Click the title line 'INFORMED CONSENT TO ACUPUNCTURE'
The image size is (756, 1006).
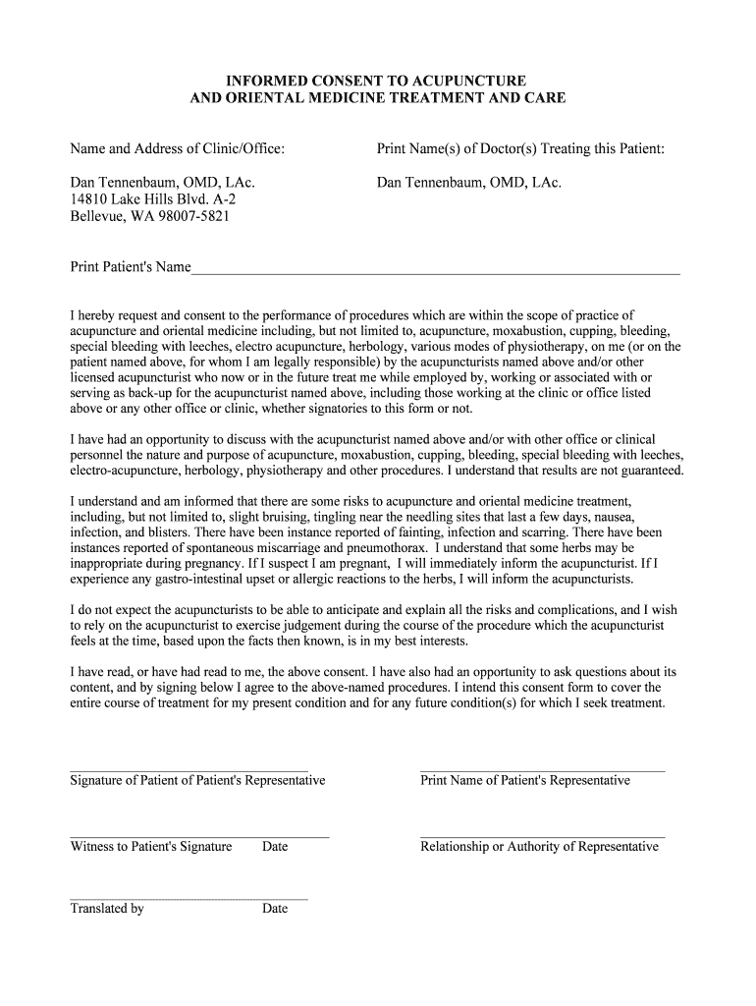(x=377, y=80)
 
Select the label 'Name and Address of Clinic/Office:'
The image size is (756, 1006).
(x=178, y=148)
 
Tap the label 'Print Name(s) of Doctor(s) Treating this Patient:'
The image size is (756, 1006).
(x=520, y=148)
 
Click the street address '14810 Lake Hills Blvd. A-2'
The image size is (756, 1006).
(x=152, y=198)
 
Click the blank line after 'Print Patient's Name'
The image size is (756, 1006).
(x=435, y=269)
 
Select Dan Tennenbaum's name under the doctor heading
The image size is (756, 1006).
(x=468, y=182)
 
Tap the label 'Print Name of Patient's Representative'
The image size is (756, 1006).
(x=525, y=780)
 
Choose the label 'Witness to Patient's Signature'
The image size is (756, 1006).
(x=151, y=847)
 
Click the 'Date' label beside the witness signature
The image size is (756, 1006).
(x=275, y=847)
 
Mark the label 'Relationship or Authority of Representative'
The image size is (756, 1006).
(x=539, y=847)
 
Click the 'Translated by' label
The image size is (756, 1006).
(x=107, y=909)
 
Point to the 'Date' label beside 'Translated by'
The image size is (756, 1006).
(x=275, y=909)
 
